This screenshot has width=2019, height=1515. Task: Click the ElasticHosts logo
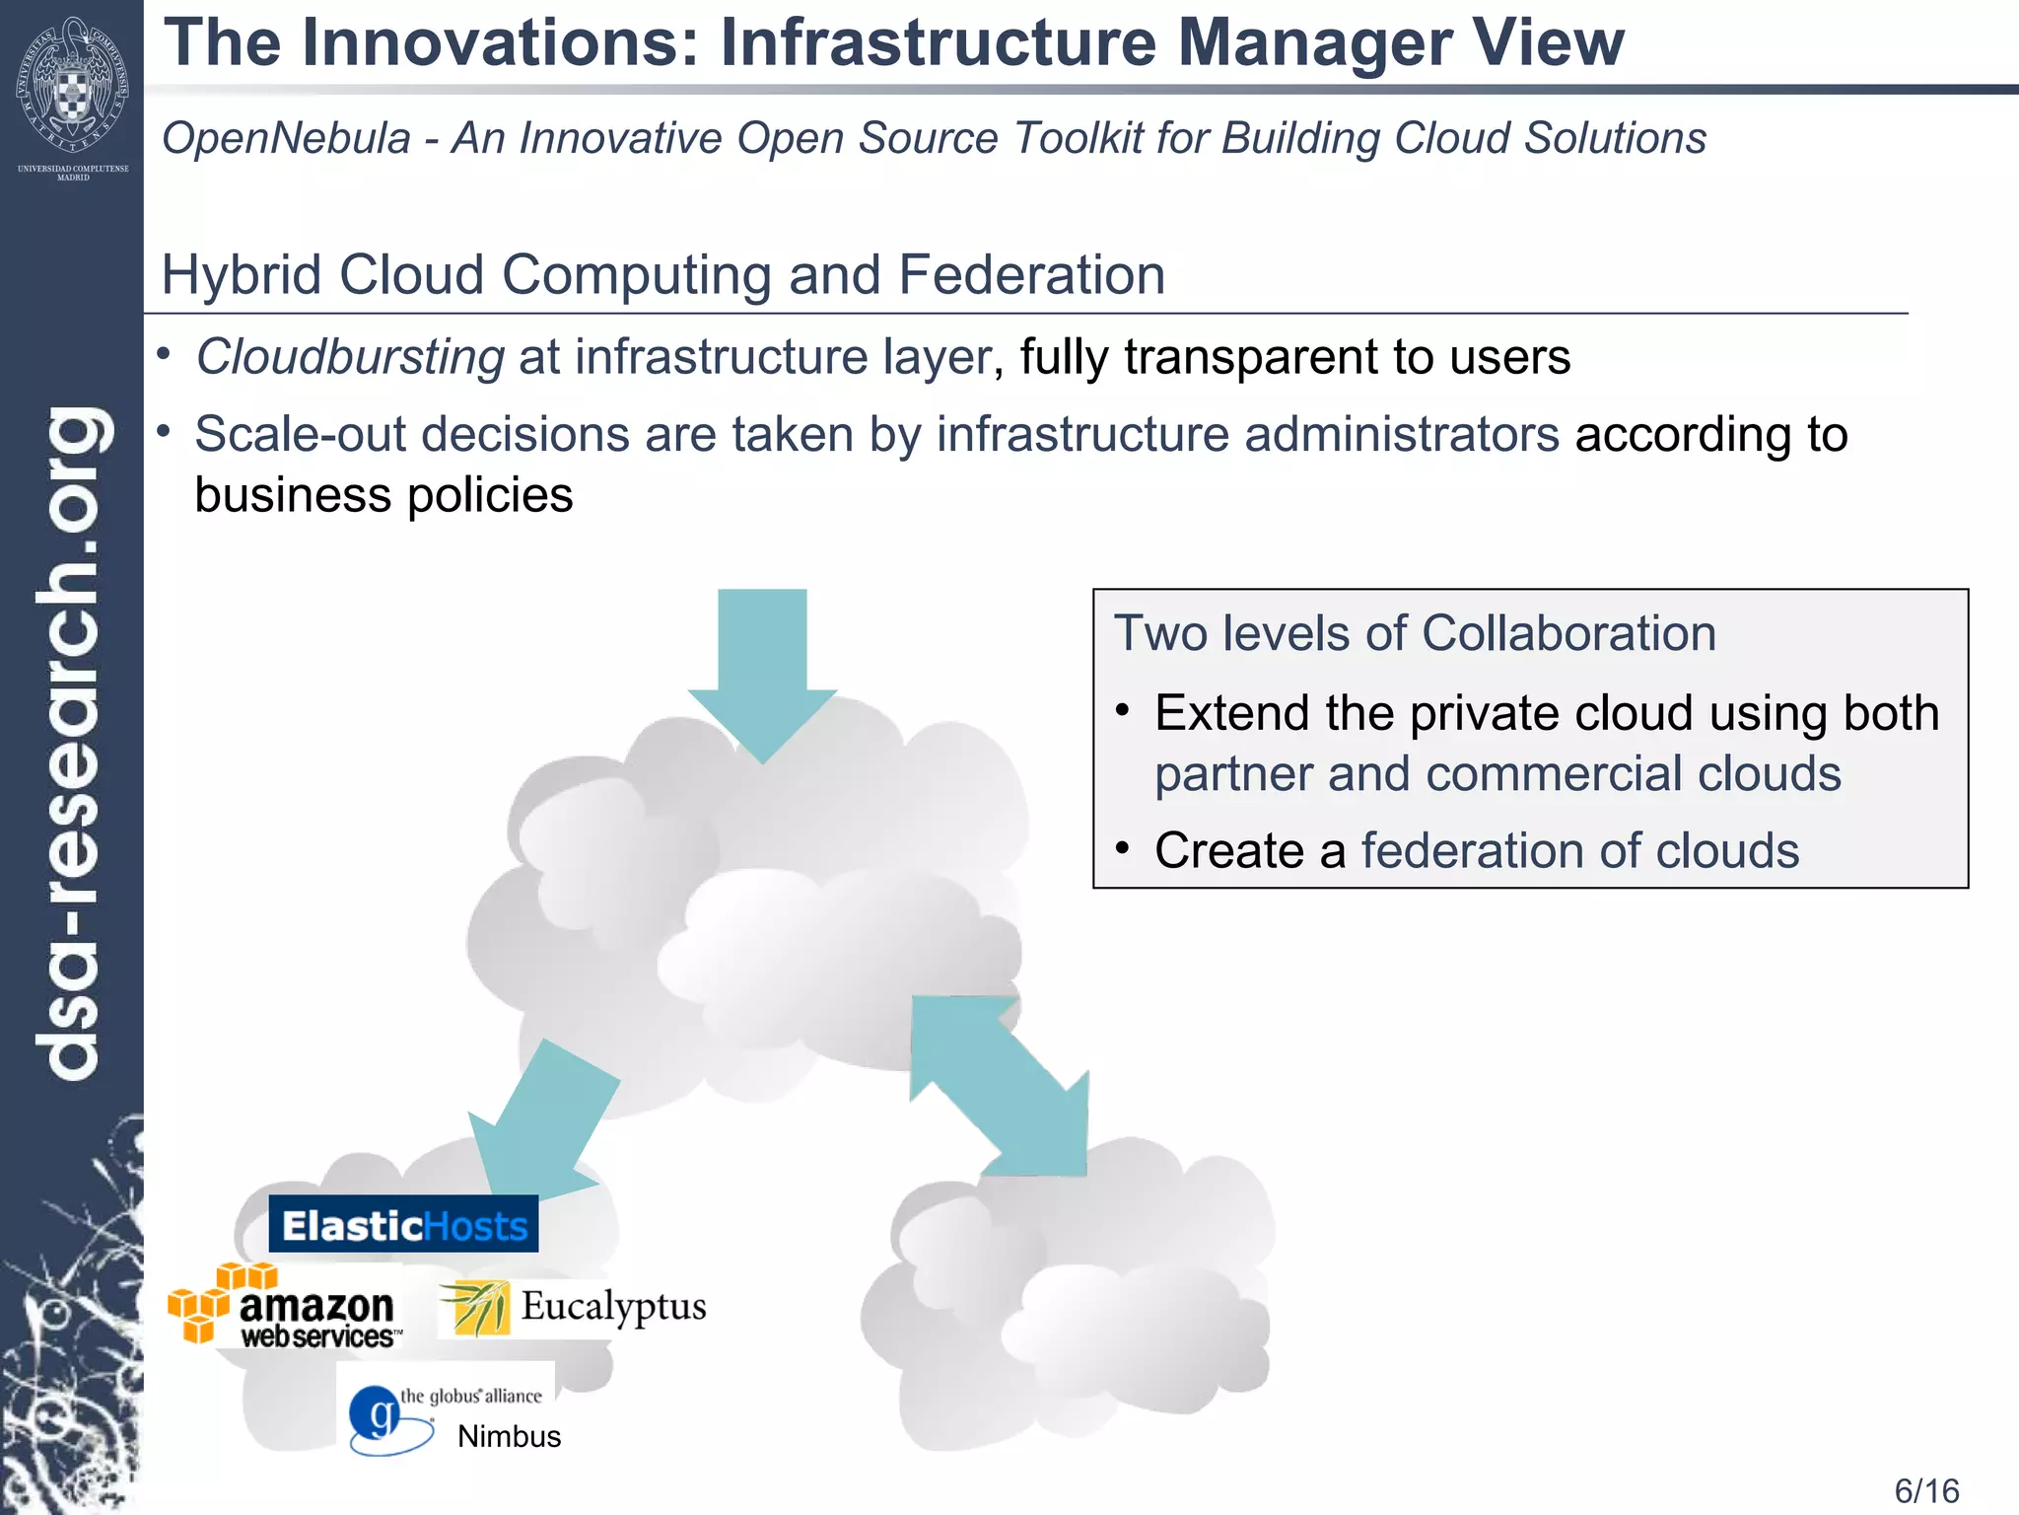(x=403, y=1225)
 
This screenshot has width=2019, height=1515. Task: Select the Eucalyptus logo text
(x=613, y=1306)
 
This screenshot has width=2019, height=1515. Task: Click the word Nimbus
(x=509, y=1436)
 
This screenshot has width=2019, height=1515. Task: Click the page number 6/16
(x=1926, y=1490)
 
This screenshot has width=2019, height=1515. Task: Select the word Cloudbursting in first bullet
(x=350, y=357)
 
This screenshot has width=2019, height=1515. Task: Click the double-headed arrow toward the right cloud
(x=999, y=1085)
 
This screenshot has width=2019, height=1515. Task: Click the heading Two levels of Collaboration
(x=1415, y=633)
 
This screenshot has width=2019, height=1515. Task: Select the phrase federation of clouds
(x=1579, y=850)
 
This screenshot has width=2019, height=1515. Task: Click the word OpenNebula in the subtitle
(x=286, y=138)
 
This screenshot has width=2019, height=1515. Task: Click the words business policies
(x=383, y=495)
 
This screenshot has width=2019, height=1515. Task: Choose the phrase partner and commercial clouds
(x=1497, y=773)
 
